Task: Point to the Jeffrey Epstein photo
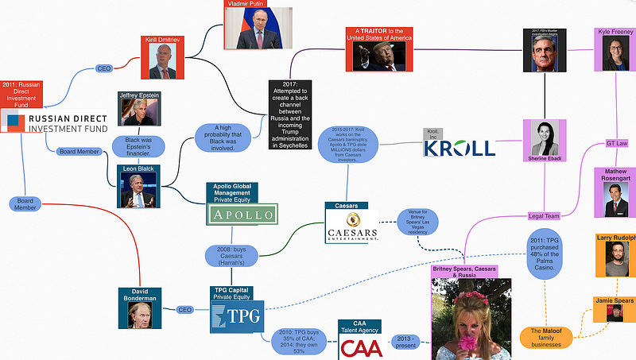[x=139, y=111]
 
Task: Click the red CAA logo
[x=360, y=347]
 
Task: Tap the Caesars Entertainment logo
[x=351, y=226]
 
